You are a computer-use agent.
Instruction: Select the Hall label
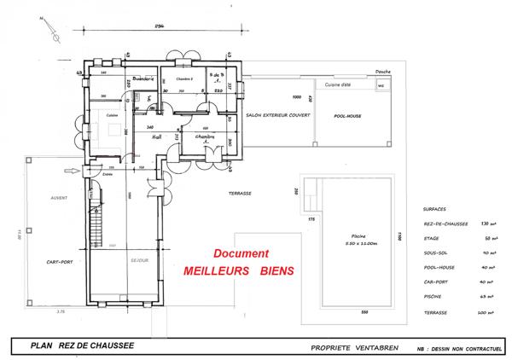[156, 135]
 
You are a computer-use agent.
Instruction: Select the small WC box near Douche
[381, 85]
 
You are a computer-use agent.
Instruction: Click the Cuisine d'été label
[339, 85]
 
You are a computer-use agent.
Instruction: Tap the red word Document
[241, 254]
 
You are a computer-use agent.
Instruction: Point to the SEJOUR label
[141, 260]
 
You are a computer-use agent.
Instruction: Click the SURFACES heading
[434, 207]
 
